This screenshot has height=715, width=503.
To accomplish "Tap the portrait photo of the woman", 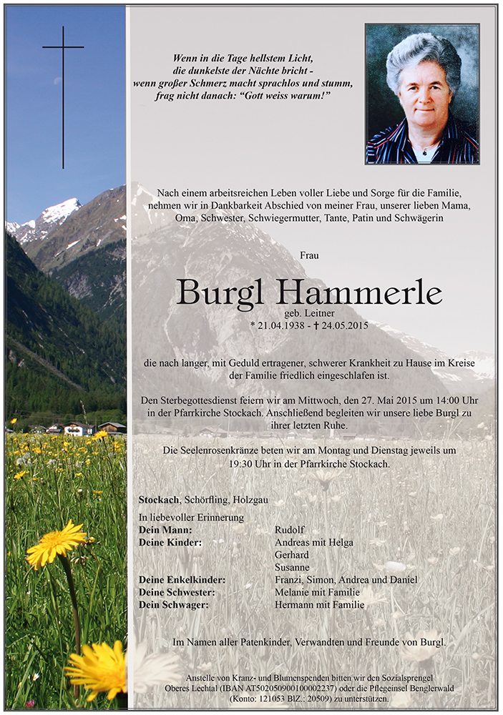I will click(x=422, y=94).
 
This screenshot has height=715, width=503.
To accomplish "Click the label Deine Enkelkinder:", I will click(x=182, y=580).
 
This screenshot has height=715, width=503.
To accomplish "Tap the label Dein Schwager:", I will click(x=174, y=605).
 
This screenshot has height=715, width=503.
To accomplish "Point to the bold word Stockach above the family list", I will click(x=160, y=500).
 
